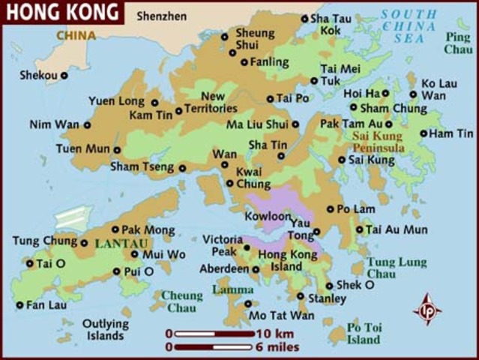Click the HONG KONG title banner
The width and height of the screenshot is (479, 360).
point(61,12)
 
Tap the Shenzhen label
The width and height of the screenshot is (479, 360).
point(160,15)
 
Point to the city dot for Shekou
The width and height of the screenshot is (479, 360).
point(64,75)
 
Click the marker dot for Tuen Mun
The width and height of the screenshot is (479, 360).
point(117,149)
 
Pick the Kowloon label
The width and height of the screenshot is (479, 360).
point(268,216)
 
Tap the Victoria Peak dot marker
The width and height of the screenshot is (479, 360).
point(247,247)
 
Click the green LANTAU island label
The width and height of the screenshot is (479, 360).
point(115,244)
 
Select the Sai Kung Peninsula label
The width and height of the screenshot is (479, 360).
point(379,142)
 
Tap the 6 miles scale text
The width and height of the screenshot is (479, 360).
point(277,347)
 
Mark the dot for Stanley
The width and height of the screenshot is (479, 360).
point(301,296)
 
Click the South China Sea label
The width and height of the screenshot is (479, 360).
point(409,25)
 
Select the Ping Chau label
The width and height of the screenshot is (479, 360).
point(458,43)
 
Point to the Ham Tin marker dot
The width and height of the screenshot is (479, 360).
point(424,133)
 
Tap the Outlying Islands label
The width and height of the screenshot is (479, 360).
point(106,330)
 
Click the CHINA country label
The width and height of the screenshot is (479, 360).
point(76,35)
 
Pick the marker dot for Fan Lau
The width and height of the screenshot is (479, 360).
point(19,305)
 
